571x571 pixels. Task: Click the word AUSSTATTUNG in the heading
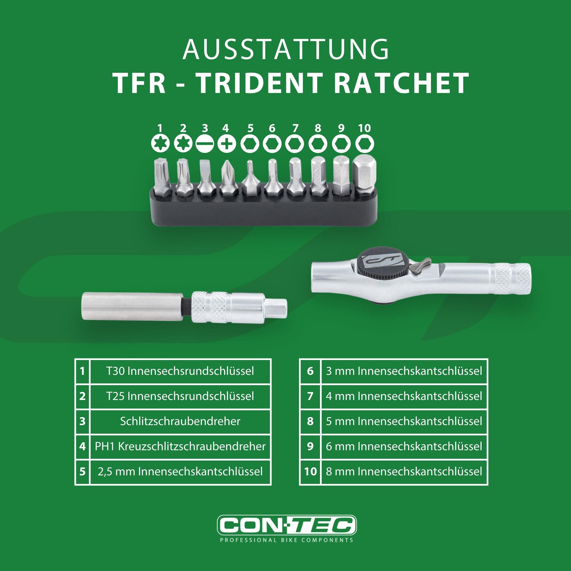coord(285,49)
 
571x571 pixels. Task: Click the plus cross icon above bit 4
coord(227,144)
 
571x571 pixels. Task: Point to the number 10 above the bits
coord(364,128)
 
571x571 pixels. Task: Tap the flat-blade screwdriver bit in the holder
coord(205,178)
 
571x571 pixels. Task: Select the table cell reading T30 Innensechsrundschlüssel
coord(180,371)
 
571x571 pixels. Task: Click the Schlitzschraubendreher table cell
coord(180,421)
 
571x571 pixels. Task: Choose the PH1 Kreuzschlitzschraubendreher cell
coord(180,446)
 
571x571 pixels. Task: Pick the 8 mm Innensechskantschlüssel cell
coord(404,471)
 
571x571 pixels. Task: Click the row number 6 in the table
coord(310,371)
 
